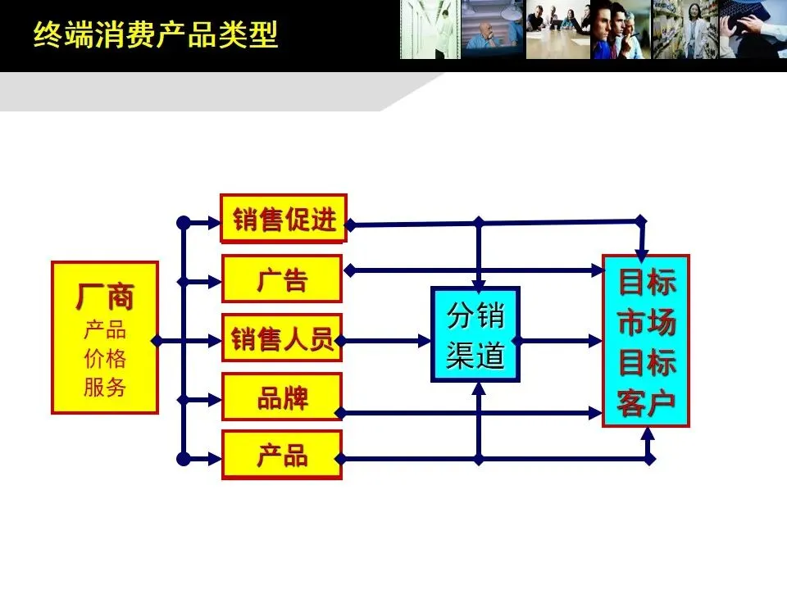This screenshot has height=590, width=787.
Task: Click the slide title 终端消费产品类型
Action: (x=156, y=35)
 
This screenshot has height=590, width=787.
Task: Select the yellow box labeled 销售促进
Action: (x=284, y=219)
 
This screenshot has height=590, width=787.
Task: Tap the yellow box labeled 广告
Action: (x=282, y=279)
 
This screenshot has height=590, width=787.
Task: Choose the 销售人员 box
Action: (x=282, y=338)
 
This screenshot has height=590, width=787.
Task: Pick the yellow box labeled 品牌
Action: (x=282, y=397)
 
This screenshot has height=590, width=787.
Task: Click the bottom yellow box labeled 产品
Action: (x=282, y=456)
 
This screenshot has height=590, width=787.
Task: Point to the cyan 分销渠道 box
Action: (x=475, y=334)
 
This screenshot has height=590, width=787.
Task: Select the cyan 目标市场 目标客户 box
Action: (x=646, y=341)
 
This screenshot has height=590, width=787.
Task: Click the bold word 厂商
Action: (x=105, y=297)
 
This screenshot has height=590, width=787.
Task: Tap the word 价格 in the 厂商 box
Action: (x=105, y=359)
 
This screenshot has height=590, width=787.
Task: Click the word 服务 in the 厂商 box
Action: (x=105, y=387)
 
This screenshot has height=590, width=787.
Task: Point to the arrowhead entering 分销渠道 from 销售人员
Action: (x=425, y=338)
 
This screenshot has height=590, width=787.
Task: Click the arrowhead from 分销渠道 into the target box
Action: (x=596, y=338)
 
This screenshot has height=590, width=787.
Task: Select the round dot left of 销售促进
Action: (x=184, y=221)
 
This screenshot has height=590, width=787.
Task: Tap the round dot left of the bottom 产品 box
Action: (x=184, y=459)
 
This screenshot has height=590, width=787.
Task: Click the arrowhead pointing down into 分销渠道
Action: (x=480, y=279)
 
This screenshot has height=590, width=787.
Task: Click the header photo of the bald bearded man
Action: (x=492, y=29)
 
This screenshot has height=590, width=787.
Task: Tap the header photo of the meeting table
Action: (x=557, y=29)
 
